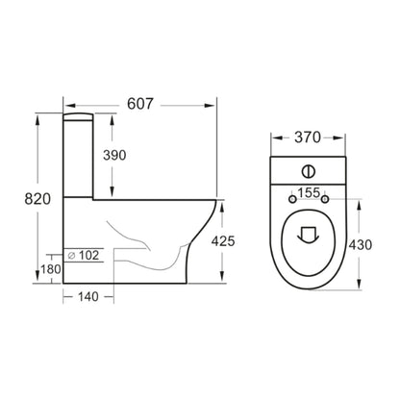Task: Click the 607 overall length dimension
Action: [x=140, y=104]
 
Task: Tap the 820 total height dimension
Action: [x=37, y=199]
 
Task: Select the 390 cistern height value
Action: [x=114, y=155]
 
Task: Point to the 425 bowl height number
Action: [x=223, y=241]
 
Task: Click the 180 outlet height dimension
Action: [x=50, y=269]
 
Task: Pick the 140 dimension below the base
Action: [x=88, y=297]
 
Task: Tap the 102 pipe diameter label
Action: [x=88, y=256]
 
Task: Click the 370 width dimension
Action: [x=308, y=137]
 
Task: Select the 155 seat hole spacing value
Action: [x=309, y=192]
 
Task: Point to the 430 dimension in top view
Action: [x=361, y=245]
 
